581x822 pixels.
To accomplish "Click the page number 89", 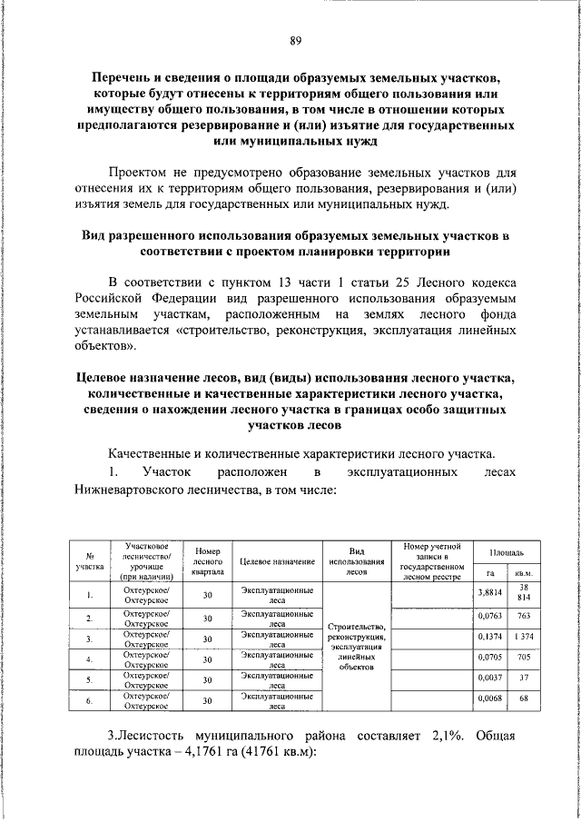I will click(x=295, y=41).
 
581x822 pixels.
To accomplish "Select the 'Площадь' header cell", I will click(x=506, y=552).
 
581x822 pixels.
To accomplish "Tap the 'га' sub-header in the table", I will click(x=489, y=574).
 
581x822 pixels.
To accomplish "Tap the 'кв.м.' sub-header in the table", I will click(x=523, y=574).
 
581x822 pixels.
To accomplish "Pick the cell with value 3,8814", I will click(x=489, y=594).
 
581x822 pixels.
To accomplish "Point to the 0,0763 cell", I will click(x=489, y=617).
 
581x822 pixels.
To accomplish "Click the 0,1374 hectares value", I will click(x=489, y=638).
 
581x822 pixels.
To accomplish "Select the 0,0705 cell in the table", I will click(x=489, y=659).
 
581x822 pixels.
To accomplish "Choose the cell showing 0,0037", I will click(x=489, y=679).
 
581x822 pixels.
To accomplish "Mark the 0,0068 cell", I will click(x=489, y=699).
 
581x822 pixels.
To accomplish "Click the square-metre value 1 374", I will click(x=523, y=638).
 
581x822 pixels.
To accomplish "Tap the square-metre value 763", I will click(x=523, y=617).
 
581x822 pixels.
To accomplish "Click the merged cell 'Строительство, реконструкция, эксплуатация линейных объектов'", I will click(x=357, y=647).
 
